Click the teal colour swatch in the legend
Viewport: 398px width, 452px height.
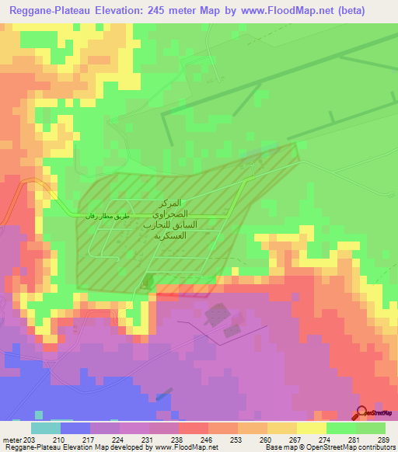tap(46, 428)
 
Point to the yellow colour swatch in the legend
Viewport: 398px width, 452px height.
tap(311, 428)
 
